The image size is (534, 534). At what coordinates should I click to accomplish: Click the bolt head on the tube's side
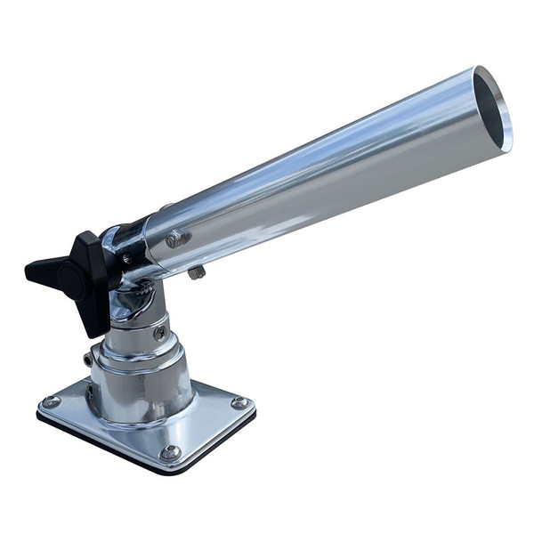(x=176, y=239)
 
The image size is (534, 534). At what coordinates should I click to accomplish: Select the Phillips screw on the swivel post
(x=160, y=333)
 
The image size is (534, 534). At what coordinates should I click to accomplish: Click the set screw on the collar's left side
(x=89, y=360)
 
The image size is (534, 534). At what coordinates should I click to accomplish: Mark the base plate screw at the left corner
(x=52, y=402)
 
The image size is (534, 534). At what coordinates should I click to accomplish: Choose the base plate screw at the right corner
(x=239, y=402)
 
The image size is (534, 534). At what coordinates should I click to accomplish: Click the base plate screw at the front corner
(x=169, y=453)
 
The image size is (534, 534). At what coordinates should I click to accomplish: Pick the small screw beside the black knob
(x=127, y=258)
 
